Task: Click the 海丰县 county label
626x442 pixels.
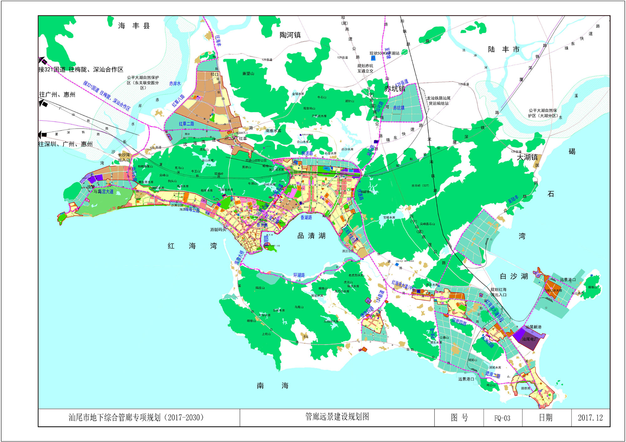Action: point(134,26)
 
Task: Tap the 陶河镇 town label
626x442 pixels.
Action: point(290,35)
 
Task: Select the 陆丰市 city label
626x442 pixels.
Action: point(504,49)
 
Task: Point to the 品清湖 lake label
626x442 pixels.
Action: point(311,236)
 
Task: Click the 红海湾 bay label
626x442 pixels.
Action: point(192,246)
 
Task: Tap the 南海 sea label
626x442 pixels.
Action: point(272,386)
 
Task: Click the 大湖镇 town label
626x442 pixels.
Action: point(527,157)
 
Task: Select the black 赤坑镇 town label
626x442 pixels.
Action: point(395,89)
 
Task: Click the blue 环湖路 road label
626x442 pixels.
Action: point(299,275)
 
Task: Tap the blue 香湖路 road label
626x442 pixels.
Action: point(306,217)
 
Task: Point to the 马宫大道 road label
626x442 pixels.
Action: point(103,191)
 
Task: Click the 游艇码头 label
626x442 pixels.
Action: point(218,230)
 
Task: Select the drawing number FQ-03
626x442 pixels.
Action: point(502,418)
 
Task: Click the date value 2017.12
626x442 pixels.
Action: point(590,418)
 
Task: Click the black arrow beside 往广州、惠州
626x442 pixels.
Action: point(43,103)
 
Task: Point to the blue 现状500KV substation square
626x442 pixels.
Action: point(373,58)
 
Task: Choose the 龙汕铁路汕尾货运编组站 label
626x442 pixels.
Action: point(439,101)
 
